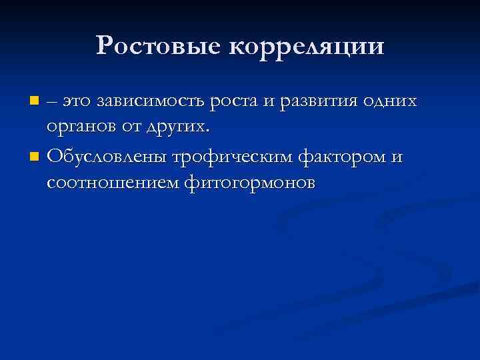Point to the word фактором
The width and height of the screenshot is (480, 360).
[x=345, y=157]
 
